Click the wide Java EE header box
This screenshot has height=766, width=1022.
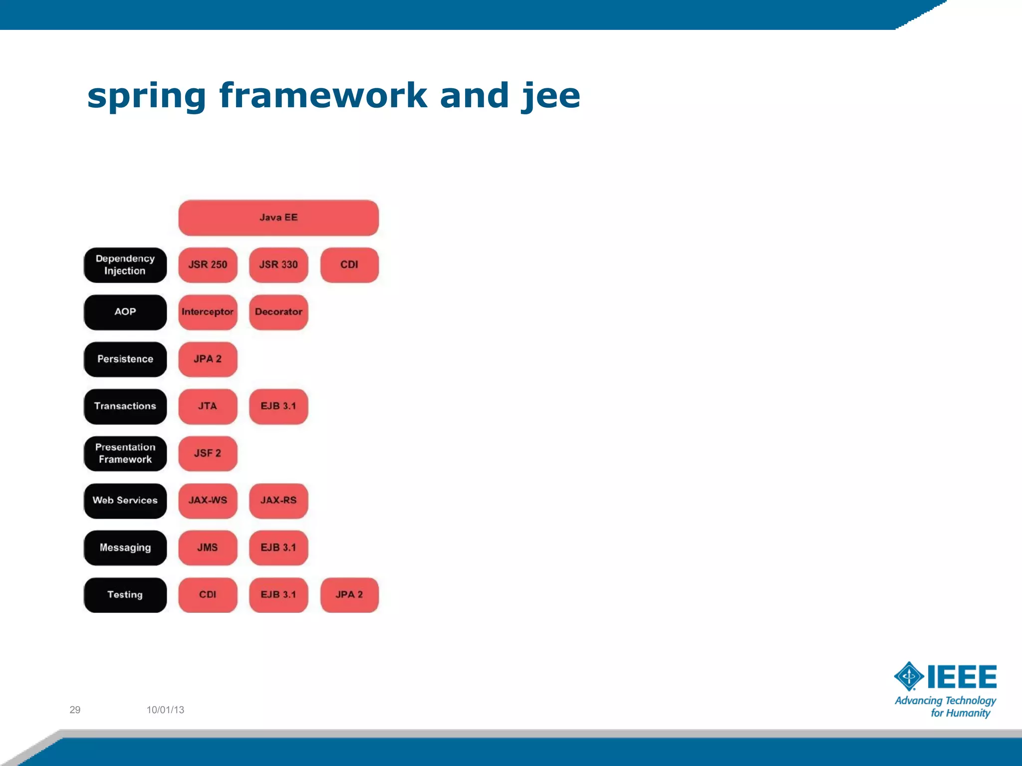[278, 218]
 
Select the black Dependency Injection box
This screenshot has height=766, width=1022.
[125, 265]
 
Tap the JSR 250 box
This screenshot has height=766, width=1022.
[208, 265]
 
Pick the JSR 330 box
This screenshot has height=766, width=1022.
[278, 265]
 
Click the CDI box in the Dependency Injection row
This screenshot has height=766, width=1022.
[349, 265]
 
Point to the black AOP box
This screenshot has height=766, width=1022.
[125, 312]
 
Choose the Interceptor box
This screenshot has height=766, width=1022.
[208, 312]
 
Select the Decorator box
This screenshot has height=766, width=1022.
[278, 312]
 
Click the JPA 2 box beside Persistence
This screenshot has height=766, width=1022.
[208, 359]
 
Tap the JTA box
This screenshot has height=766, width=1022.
[208, 406]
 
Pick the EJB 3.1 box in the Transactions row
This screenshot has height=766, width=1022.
[278, 406]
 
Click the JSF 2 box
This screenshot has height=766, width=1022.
[208, 453]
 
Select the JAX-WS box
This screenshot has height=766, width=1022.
[208, 501]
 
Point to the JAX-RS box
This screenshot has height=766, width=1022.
[278, 501]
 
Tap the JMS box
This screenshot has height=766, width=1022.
[208, 548]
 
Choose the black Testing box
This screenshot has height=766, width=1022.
[125, 595]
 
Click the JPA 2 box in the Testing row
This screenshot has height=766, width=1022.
[349, 595]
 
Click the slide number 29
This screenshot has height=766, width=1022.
[75, 710]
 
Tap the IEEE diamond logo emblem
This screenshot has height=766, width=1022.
[909, 676]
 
